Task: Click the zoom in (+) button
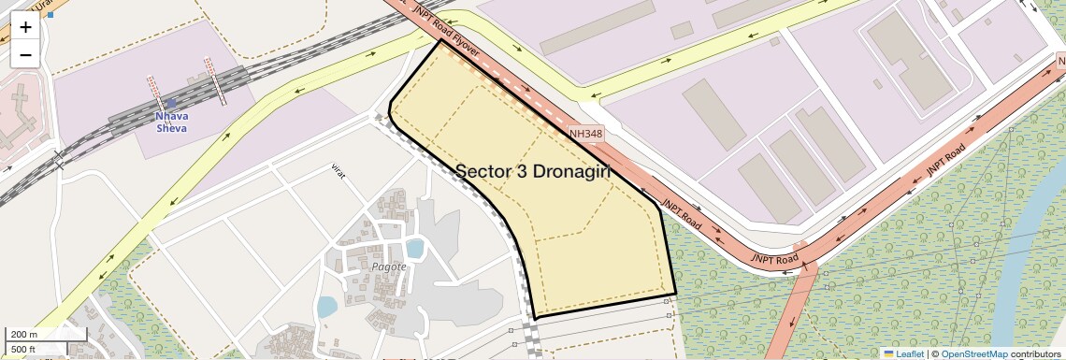[x=25, y=27]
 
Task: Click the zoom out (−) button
[x=25, y=54]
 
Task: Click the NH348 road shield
[x=585, y=135]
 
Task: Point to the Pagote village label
[x=389, y=266]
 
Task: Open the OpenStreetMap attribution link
[x=973, y=353]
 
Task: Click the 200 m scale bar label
[x=24, y=335]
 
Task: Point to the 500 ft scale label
[x=23, y=350]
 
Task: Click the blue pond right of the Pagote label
[x=415, y=249]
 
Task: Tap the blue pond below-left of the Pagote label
[x=326, y=307]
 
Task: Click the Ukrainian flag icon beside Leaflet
[x=888, y=353]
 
